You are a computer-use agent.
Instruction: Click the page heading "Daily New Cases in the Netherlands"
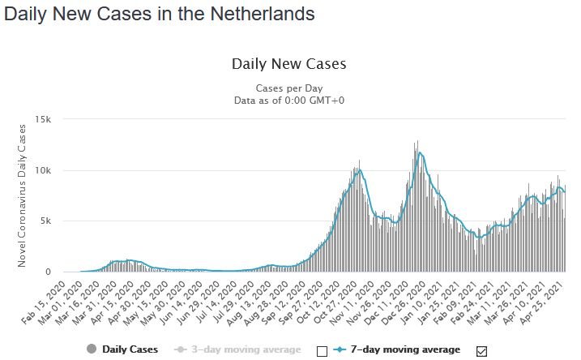(x=159, y=14)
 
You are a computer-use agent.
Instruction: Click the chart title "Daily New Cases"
(x=289, y=63)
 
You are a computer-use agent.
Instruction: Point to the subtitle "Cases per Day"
(x=289, y=88)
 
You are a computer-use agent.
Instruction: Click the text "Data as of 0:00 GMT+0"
(x=289, y=100)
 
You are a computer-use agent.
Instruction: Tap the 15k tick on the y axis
(x=42, y=120)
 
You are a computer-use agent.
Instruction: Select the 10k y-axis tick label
(x=42, y=170)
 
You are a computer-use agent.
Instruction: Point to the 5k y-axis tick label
(x=45, y=221)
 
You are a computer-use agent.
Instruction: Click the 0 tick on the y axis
(x=49, y=272)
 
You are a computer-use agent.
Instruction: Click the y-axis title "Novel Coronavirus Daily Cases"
(x=22, y=196)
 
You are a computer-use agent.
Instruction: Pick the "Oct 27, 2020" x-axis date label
(x=340, y=302)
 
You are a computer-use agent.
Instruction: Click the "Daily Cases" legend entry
(x=116, y=349)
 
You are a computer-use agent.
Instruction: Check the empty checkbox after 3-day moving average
(x=321, y=350)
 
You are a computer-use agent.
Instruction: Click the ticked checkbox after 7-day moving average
(x=481, y=350)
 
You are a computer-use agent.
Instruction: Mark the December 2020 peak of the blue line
(x=419, y=153)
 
